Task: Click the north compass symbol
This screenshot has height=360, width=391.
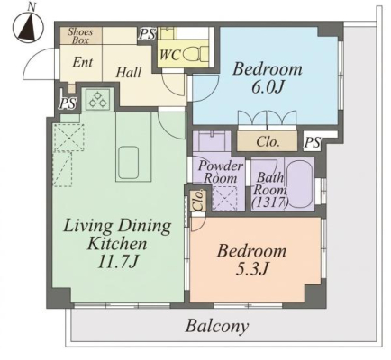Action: pyautogui.click(x=29, y=27)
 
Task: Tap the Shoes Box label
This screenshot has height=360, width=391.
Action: pyautogui.click(x=80, y=36)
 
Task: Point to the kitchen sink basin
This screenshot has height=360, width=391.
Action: pyautogui.click(x=129, y=162)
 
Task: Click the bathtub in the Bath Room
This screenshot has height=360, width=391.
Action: pyautogui.click(x=299, y=184)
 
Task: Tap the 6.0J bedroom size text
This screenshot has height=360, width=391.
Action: pyautogui.click(x=268, y=88)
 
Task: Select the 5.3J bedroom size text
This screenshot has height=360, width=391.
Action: pyautogui.click(x=251, y=269)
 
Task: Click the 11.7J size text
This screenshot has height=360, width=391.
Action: pyautogui.click(x=117, y=262)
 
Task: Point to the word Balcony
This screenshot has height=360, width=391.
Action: pyautogui.click(x=217, y=326)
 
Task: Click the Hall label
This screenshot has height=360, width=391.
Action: pyautogui.click(x=129, y=73)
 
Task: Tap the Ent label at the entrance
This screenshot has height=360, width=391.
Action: pyautogui.click(x=83, y=62)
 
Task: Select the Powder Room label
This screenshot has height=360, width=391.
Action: pyautogui.click(x=221, y=172)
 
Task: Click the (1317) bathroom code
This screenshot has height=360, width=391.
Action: pyautogui.click(x=269, y=203)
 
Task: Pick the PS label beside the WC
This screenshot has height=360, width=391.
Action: pyautogui.click(x=147, y=34)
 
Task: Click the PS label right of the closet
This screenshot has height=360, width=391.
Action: pyautogui.click(x=313, y=142)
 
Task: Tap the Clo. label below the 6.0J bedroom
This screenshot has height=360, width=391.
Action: pyautogui.click(x=268, y=141)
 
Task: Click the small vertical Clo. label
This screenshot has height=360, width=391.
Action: pyautogui.click(x=198, y=201)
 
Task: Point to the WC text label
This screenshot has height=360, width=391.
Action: pyautogui.click(x=170, y=55)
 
